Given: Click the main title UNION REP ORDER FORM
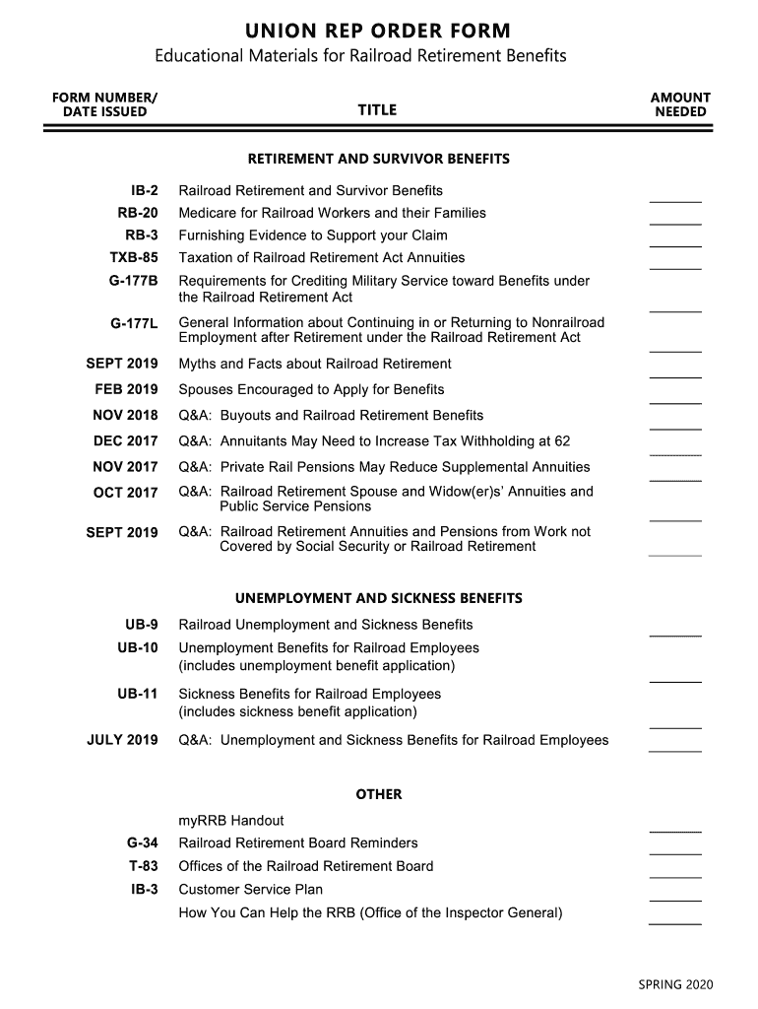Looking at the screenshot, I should (379, 31).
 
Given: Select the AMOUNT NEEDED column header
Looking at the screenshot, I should (680, 104).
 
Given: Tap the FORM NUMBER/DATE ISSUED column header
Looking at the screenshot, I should (104, 104).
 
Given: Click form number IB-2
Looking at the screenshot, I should (143, 190).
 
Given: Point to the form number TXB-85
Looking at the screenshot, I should (134, 257).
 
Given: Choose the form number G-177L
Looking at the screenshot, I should (134, 322).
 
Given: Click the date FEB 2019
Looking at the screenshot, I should (126, 389).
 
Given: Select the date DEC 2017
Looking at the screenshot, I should (125, 441).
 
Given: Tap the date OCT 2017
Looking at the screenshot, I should (125, 493).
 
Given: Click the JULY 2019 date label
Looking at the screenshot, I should (122, 740).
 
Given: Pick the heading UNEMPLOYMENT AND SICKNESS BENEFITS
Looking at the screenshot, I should (379, 598).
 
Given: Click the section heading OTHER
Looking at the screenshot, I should (379, 794).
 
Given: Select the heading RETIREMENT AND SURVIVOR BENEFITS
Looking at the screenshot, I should (379, 158).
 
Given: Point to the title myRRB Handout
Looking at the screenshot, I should (231, 820).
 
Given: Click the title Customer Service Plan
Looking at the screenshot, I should (250, 889).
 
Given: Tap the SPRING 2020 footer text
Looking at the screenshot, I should (675, 984).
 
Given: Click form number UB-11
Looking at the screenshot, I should (138, 694).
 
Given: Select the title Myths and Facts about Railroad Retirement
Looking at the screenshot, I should (315, 364).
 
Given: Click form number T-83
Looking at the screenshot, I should (144, 866).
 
